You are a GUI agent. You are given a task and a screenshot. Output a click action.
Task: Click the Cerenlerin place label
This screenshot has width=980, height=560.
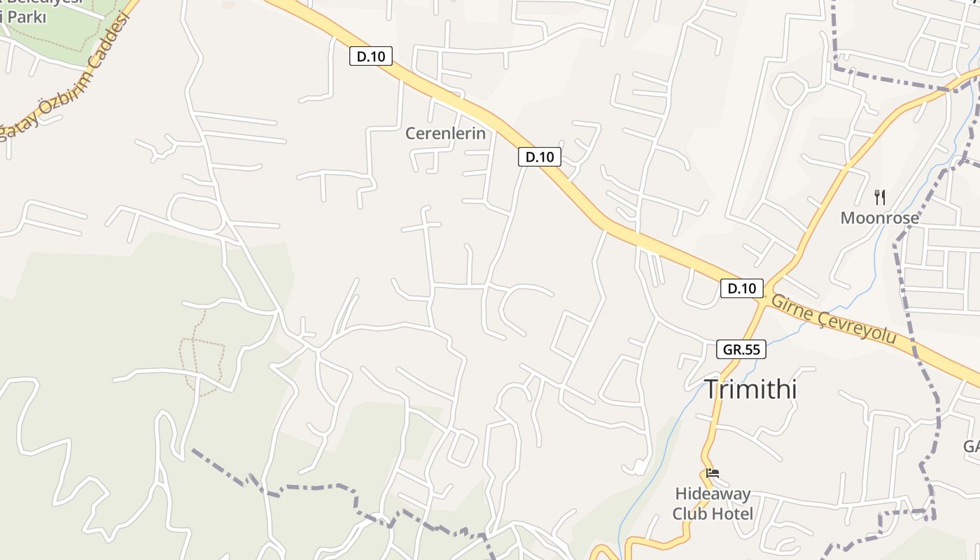pos(445,133)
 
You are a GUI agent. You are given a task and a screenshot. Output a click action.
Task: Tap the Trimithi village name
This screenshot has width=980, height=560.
pos(750,388)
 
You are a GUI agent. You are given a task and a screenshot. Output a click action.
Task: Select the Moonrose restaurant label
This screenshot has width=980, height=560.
pos(879,218)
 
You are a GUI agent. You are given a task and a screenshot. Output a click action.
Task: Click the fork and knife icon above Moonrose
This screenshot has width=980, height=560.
pos(880,197)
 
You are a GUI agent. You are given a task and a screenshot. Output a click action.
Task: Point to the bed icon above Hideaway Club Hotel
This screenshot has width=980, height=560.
pos(713,473)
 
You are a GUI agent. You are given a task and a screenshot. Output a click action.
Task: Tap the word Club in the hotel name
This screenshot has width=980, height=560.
pos(690,514)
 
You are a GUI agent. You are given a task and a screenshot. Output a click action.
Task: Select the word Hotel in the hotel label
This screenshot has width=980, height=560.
pos(732,514)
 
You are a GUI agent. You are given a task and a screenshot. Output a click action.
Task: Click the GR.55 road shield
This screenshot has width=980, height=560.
pos(741,349)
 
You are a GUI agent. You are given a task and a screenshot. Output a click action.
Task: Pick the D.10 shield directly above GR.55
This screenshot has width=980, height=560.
pos(741,288)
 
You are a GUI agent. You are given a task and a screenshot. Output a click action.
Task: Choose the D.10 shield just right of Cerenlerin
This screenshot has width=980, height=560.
pos(539,157)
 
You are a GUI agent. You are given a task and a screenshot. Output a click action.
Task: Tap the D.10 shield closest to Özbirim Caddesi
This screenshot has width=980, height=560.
pos(370,57)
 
